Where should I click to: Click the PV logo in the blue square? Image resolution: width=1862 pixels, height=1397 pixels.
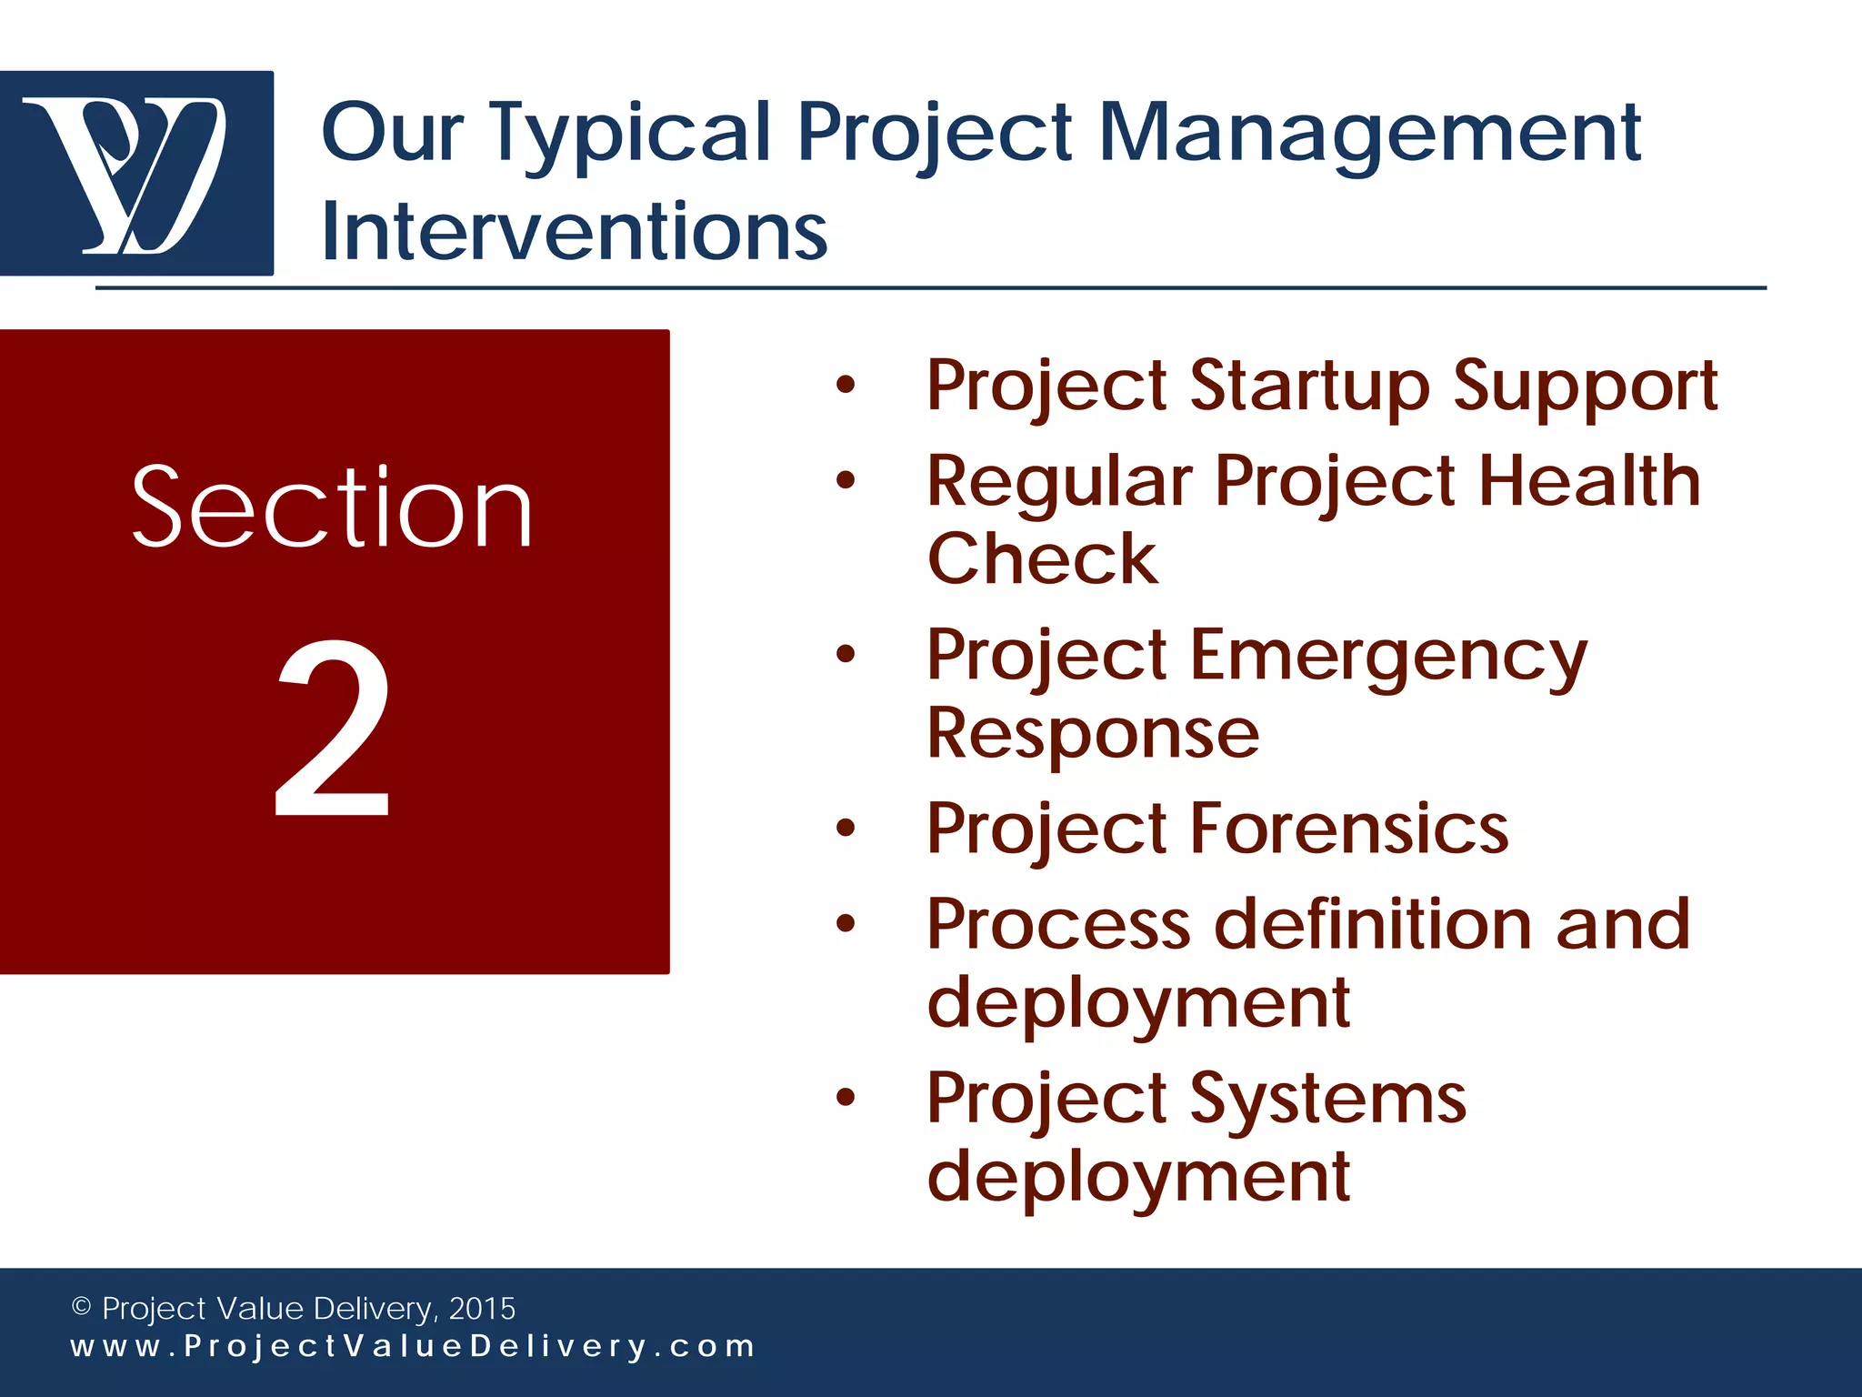136,173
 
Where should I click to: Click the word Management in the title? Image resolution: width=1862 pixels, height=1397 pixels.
1369,134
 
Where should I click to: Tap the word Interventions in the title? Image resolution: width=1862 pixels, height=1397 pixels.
575,232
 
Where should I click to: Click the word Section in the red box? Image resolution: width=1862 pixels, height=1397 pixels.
332,508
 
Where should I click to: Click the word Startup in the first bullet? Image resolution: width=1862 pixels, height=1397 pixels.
1309,387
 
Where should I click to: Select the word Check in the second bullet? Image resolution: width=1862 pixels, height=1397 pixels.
1042,558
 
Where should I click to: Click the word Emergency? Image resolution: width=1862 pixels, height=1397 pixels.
1388,655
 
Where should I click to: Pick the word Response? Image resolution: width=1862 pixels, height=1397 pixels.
1093,733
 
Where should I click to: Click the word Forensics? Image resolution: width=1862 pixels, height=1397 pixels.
1349,829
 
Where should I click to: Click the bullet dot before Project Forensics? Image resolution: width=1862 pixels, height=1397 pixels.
846,829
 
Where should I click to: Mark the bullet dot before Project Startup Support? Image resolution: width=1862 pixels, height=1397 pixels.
846,386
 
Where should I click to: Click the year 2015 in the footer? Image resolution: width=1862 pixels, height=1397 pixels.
482,1309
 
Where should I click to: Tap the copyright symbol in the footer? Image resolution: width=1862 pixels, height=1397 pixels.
81,1307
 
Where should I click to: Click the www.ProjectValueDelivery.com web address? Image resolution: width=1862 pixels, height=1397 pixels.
413,1347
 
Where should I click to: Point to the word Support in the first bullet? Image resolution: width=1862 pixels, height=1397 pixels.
1585,387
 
